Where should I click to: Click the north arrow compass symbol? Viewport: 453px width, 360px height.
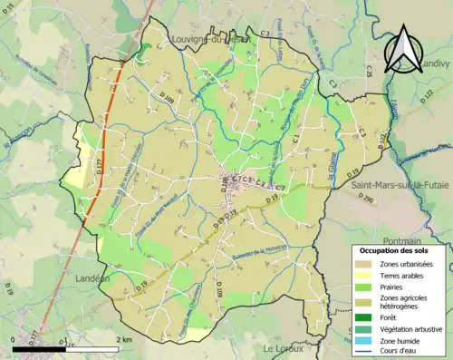[x=406, y=51]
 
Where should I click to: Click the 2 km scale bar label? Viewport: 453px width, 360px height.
[x=125, y=339]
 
